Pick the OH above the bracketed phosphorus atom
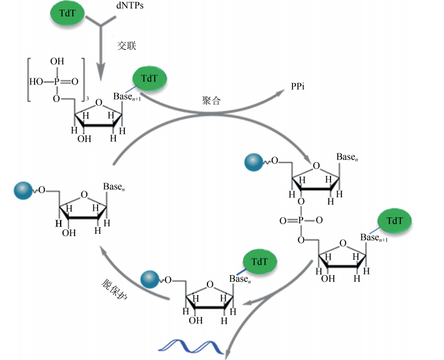coord(57,62)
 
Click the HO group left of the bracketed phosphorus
coord(35,80)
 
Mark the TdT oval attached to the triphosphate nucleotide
coord(149,79)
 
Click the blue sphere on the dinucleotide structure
coord(252,163)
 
